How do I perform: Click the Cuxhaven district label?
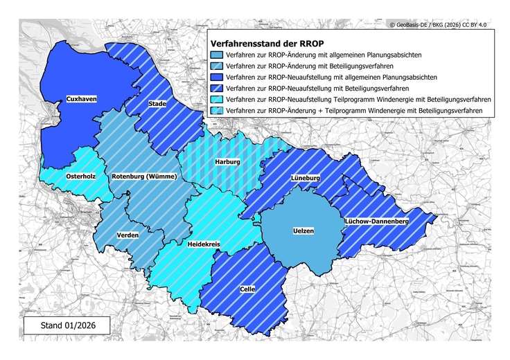(x=81, y=99)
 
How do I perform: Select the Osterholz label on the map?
(x=80, y=176)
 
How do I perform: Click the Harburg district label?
(x=227, y=161)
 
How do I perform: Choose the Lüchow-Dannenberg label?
(x=377, y=221)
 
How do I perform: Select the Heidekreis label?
(x=204, y=244)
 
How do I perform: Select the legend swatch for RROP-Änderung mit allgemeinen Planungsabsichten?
(x=217, y=54)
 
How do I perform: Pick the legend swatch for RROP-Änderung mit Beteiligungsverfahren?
(x=217, y=65)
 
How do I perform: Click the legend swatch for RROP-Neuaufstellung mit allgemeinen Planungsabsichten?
(x=217, y=76)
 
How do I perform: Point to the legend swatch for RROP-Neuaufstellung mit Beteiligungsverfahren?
(x=217, y=88)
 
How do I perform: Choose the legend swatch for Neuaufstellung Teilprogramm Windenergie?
(x=217, y=99)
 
